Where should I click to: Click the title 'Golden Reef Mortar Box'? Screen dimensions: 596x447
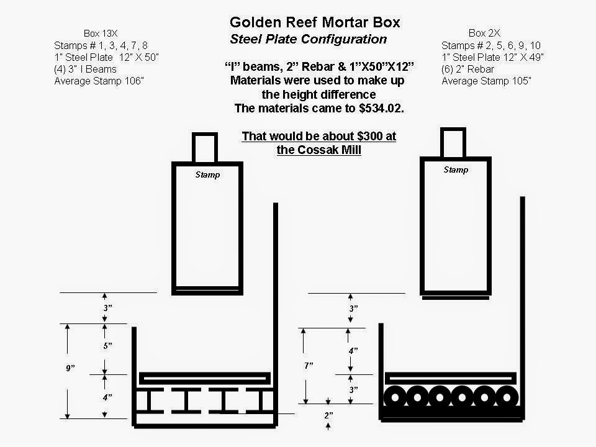315,22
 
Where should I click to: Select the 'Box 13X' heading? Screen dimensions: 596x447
101,34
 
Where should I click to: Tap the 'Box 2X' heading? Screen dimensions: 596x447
484,33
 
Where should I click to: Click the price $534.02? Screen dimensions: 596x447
381,108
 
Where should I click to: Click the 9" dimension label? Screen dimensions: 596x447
70,368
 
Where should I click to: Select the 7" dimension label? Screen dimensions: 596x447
309,366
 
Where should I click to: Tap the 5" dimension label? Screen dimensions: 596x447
107,346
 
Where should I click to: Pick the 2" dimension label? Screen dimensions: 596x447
329,415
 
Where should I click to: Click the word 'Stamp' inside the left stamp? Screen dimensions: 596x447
207,174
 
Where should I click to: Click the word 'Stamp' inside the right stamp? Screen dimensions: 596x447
456,169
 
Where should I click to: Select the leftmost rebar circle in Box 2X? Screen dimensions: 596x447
395,397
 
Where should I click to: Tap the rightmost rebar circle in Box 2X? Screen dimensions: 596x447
507,397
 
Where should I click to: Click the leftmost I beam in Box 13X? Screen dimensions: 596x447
150,400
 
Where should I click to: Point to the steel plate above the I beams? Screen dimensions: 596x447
205,379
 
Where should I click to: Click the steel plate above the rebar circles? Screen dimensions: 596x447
451,379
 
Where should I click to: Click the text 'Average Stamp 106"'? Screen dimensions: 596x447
99,81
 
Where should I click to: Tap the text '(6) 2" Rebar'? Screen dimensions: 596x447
467,69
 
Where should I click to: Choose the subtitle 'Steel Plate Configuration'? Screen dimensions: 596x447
309,39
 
